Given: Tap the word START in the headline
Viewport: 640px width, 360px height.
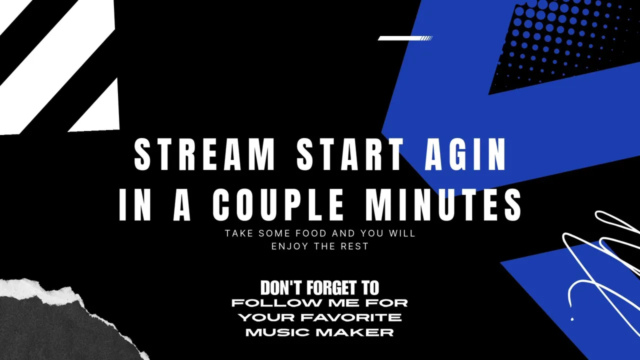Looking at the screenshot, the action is click(x=350, y=154).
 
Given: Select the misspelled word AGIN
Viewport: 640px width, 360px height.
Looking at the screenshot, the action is click(x=465, y=154).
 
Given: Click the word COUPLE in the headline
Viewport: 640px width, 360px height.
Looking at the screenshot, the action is click(x=277, y=205).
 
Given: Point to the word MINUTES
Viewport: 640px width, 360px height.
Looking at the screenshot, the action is click(x=443, y=205).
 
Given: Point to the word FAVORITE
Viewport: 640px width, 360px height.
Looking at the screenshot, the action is click(x=349, y=317).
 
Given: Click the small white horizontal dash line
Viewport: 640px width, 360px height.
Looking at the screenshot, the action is click(x=405, y=38).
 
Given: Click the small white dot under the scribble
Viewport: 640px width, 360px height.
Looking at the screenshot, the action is click(x=572, y=319).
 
